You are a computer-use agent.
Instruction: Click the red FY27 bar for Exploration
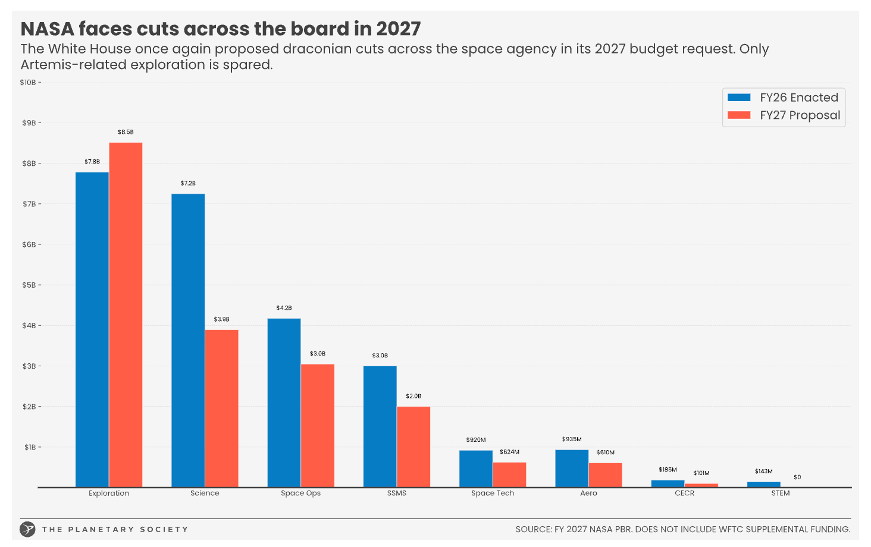click(126, 315)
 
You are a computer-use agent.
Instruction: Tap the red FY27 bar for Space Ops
click(318, 425)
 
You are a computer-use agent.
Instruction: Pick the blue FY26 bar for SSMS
click(380, 426)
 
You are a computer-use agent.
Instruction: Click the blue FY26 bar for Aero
click(572, 469)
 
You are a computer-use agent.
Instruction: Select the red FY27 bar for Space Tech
click(509, 474)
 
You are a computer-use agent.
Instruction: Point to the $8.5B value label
click(126, 132)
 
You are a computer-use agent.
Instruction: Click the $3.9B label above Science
click(221, 319)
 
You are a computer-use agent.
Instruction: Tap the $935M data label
click(572, 439)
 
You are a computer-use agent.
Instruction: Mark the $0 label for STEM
click(797, 477)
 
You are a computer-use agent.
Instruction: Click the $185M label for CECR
click(668, 470)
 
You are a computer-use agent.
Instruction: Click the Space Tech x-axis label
click(493, 493)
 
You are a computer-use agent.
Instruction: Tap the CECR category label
click(684, 493)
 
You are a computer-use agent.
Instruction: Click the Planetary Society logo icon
click(27, 529)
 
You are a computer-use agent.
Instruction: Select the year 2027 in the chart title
click(398, 29)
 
